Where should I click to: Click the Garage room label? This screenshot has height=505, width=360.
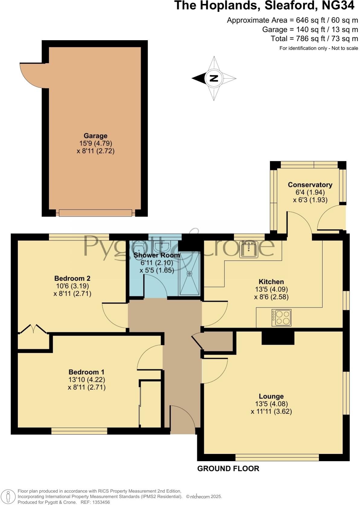coord(95,136)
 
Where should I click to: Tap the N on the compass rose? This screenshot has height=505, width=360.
coord(214,78)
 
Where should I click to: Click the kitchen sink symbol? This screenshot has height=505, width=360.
coord(249,249)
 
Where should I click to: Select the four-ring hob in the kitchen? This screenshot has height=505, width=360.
coord(281,317)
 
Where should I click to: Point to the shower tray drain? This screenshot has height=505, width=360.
coord(189,274)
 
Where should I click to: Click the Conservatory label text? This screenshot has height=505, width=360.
coord(310,185)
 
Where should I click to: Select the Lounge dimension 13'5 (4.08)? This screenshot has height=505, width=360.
coord(271,404)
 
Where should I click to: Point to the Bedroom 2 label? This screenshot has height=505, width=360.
coord(72,278)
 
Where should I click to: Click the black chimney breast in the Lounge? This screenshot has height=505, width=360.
coord(278,338)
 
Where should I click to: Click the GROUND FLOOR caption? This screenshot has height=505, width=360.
coord(228,468)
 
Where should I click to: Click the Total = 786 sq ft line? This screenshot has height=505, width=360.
coord(314,39)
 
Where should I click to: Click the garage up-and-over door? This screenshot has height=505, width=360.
coord(95,213)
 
